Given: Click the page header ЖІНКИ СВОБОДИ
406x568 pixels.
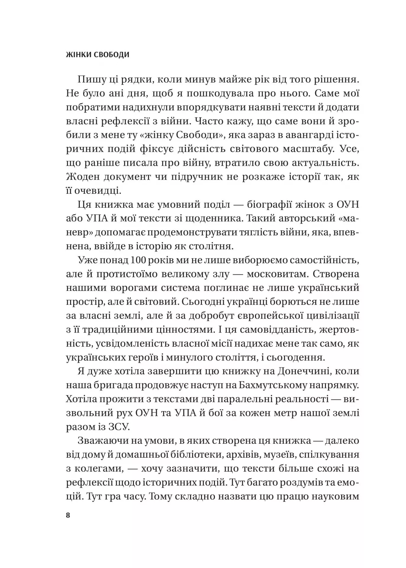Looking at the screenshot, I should click(x=98, y=55).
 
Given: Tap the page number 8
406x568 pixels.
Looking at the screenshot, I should click(x=68, y=515).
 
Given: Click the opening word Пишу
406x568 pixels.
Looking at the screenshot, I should click(x=91, y=80).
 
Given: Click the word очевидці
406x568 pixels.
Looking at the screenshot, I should click(x=98, y=191).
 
